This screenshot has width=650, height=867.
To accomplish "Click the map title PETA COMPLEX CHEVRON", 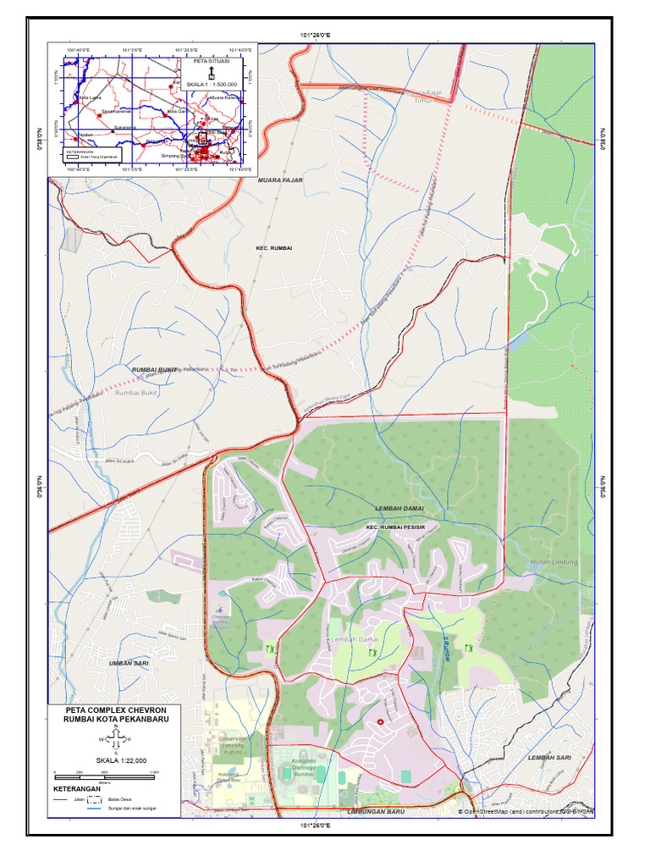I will pyautogui.click(x=116, y=709).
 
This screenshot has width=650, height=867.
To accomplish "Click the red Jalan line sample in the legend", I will pyautogui.click(x=62, y=798).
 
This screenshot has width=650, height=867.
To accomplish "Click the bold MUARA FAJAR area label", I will pyautogui.click(x=280, y=180).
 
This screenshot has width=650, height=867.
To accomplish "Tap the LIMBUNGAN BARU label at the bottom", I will pyautogui.click(x=375, y=811).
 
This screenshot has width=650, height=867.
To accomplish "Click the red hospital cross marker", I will pyautogui.click(x=379, y=721).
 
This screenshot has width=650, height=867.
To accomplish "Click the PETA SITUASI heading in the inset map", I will pyautogui.click(x=212, y=62).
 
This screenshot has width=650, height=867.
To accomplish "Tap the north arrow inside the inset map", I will pyautogui.click(x=211, y=73).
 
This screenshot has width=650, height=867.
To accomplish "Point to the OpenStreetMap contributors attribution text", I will pyautogui.click(x=526, y=811).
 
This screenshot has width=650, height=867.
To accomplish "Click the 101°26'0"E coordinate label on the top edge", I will pyautogui.click(x=315, y=35).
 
